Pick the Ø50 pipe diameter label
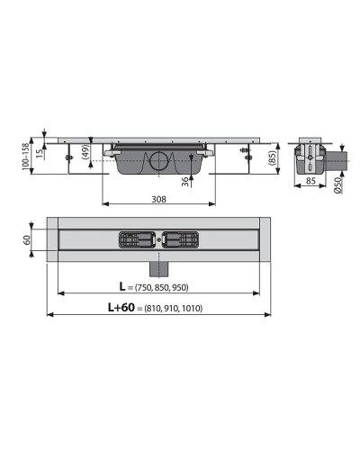pyautogui.click(x=336, y=186)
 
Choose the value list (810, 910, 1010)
pyautogui.click(x=180, y=309)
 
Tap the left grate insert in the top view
pyautogui.click(x=136, y=239)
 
